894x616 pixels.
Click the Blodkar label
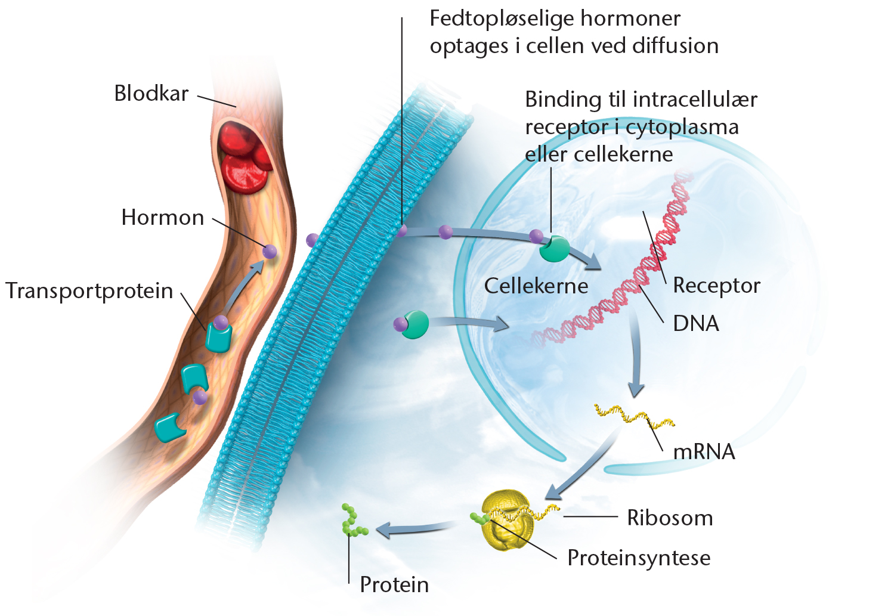[151, 94]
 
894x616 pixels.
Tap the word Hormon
[162, 218]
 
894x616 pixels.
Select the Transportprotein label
[89, 291]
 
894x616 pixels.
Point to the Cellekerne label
[536, 286]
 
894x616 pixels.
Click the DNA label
[696, 323]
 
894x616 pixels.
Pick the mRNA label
[704, 452]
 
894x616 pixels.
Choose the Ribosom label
[670, 518]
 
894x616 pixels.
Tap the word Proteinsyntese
[639, 558]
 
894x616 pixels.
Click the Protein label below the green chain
[394, 585]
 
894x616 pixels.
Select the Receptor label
[717, 286]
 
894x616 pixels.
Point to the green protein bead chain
[353, 520]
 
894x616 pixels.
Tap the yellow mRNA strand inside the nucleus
[634, 416]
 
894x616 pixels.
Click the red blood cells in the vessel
[243, 157]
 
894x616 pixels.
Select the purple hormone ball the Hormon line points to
[270, 251]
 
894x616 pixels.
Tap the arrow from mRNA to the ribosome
[581, 467]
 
